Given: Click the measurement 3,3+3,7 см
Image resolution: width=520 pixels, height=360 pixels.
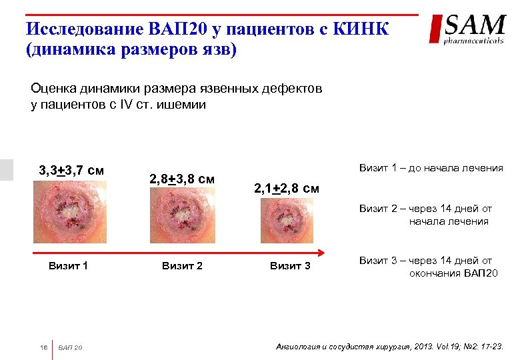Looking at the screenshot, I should pos(71,171).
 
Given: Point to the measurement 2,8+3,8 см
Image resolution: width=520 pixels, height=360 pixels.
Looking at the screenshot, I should pos(182,179).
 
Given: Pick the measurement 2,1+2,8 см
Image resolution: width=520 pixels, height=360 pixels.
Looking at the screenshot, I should pos(287,189).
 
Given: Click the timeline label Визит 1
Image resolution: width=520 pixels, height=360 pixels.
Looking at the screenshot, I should pos(68,267).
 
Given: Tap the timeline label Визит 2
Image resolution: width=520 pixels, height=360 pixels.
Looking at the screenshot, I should pos(182,267).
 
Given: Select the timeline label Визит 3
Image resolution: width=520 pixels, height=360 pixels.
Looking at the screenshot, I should pos(290,267).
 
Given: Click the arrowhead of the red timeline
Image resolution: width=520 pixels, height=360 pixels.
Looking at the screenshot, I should pos(322,252).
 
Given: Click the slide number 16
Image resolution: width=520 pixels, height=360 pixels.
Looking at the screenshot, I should pos(43,347).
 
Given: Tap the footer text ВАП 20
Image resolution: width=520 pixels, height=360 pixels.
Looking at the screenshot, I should pos(71,347).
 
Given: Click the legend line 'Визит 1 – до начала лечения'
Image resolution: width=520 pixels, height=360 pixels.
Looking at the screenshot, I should pos(431,168).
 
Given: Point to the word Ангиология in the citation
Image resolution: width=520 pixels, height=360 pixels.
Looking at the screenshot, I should pos(297,347).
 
